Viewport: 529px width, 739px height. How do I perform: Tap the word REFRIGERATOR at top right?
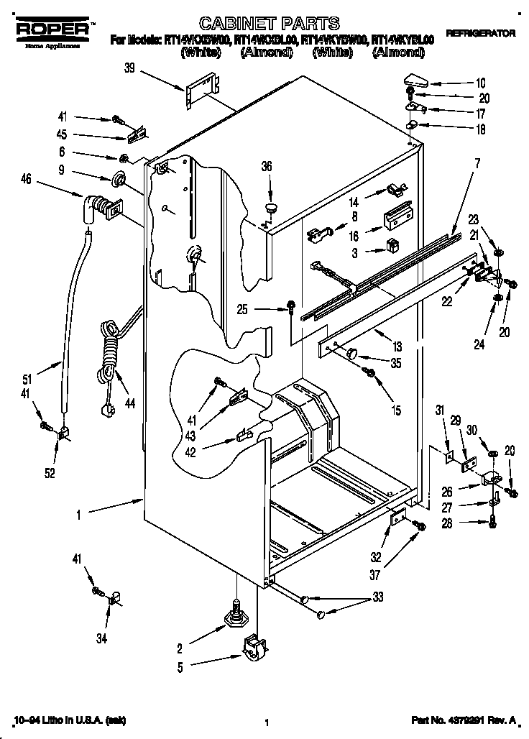(x=480, y=34)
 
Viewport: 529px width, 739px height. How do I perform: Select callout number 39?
(x=129, y=68)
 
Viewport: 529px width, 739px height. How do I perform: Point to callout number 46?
(x=26, y=180)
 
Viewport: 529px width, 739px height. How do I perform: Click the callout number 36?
(x=267, y=166)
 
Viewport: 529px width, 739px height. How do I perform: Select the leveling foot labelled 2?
(x=236, y=613)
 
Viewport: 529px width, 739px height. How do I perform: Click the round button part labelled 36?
(x=270, y=208)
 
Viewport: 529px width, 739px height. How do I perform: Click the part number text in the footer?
(x=464, y=718)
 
